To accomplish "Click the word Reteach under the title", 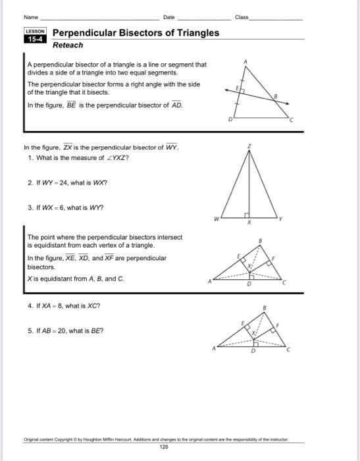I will [x=68, y=45].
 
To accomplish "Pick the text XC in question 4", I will [x=91, y=306].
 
